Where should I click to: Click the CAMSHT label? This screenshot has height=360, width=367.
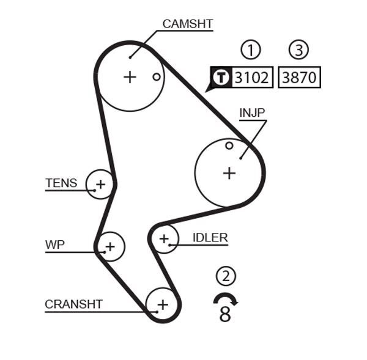[x=187, y=24]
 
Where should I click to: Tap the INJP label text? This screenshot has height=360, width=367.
[x=252, y=113]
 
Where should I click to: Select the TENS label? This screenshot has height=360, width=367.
[x=61, y=183]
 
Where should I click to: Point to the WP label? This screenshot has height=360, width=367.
[x=54, y=244]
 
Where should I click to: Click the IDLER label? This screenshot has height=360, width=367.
[x=210, y=238]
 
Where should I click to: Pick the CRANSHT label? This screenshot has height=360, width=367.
[x=73, y=304]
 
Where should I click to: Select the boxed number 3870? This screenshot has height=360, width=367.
[x=299, y=78]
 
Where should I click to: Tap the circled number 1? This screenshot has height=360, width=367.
[x=250, y=50]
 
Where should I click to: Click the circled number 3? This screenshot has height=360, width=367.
[x=298, y=50]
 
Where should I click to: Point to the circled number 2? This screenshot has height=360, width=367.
[x=226, y=276]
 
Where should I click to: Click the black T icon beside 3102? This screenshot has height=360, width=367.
[x=221, y=78]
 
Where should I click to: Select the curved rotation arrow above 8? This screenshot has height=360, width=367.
[x=225, y=298]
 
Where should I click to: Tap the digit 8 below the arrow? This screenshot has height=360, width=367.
[x=225, y=314]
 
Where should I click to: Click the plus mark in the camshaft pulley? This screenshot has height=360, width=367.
[x=130, y=77]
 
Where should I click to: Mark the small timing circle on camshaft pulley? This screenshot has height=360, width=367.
[x=157, y=76]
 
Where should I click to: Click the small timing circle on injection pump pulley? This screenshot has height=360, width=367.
[x=229, y=145]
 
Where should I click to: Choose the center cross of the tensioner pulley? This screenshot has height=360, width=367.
[x=100, y=183]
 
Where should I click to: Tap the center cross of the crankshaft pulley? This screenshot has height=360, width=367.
[x=162, y=304]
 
